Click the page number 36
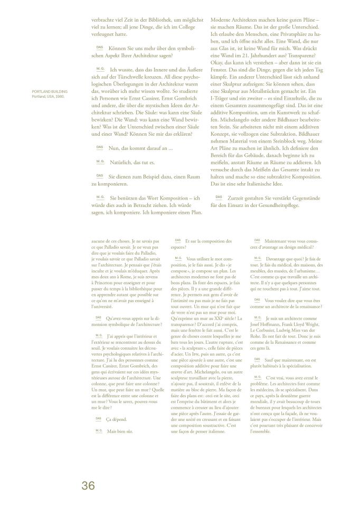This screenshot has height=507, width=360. coord(88,485)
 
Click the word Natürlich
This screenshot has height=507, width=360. coord(121,162)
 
